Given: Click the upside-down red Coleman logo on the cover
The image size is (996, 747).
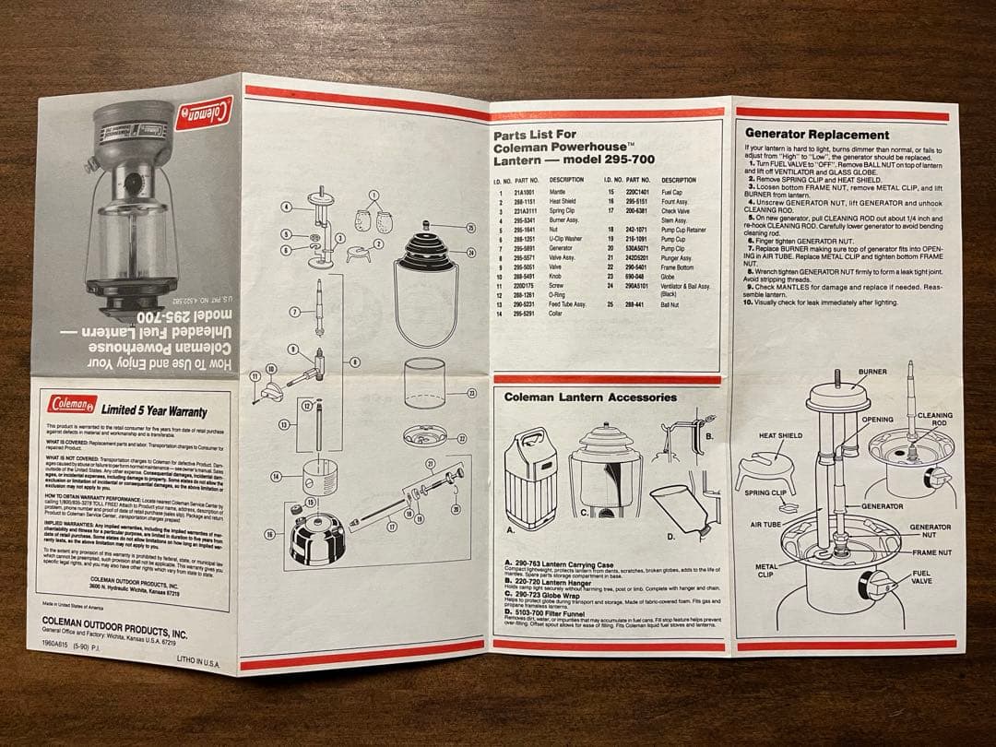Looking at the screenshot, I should click(204, 113).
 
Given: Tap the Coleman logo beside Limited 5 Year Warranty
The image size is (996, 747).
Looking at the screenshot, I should click(73, 405).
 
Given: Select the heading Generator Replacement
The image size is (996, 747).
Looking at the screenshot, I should click(816, 135).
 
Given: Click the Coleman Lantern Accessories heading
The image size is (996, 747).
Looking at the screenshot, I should click(590, 397).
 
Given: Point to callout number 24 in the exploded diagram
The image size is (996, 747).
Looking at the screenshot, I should click(470, 253).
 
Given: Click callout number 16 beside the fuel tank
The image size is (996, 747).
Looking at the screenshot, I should click(269, 534).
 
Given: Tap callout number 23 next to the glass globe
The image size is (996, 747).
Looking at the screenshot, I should click(471, 393).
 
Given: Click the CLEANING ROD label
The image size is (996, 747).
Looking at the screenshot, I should click(934, 421).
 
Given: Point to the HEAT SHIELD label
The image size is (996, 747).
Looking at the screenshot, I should click(780, 435).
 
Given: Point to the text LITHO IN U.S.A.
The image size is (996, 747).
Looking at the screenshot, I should click(200, 663).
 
